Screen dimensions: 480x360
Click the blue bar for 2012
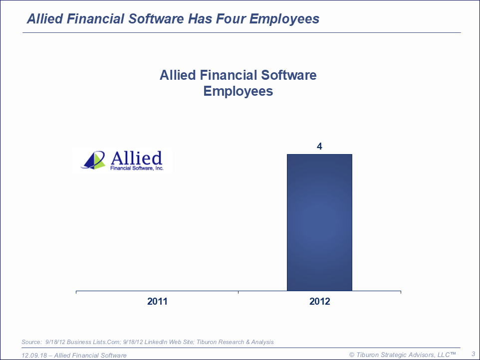(x=319, y=222)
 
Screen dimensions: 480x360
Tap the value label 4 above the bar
(x=319, y=146)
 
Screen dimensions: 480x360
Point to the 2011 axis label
(x=157, y=301)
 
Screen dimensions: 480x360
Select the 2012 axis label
(x=320, y=301)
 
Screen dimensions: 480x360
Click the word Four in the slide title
(x=231, y=18)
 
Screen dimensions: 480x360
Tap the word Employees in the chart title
(x=238, y=91)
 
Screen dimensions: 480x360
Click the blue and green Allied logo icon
(x=93, y=160)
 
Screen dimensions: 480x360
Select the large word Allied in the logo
(x=136, y=158)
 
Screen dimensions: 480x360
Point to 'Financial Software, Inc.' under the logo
(x=137, y=168)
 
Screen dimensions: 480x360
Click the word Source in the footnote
(x=30, y=342)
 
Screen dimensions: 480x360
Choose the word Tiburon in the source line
(x=207, y=342)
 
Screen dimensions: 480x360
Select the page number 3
(x=474, y=354)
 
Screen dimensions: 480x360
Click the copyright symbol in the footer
(x=352, y=355)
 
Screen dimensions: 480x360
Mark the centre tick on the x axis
(x=238, y=292)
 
